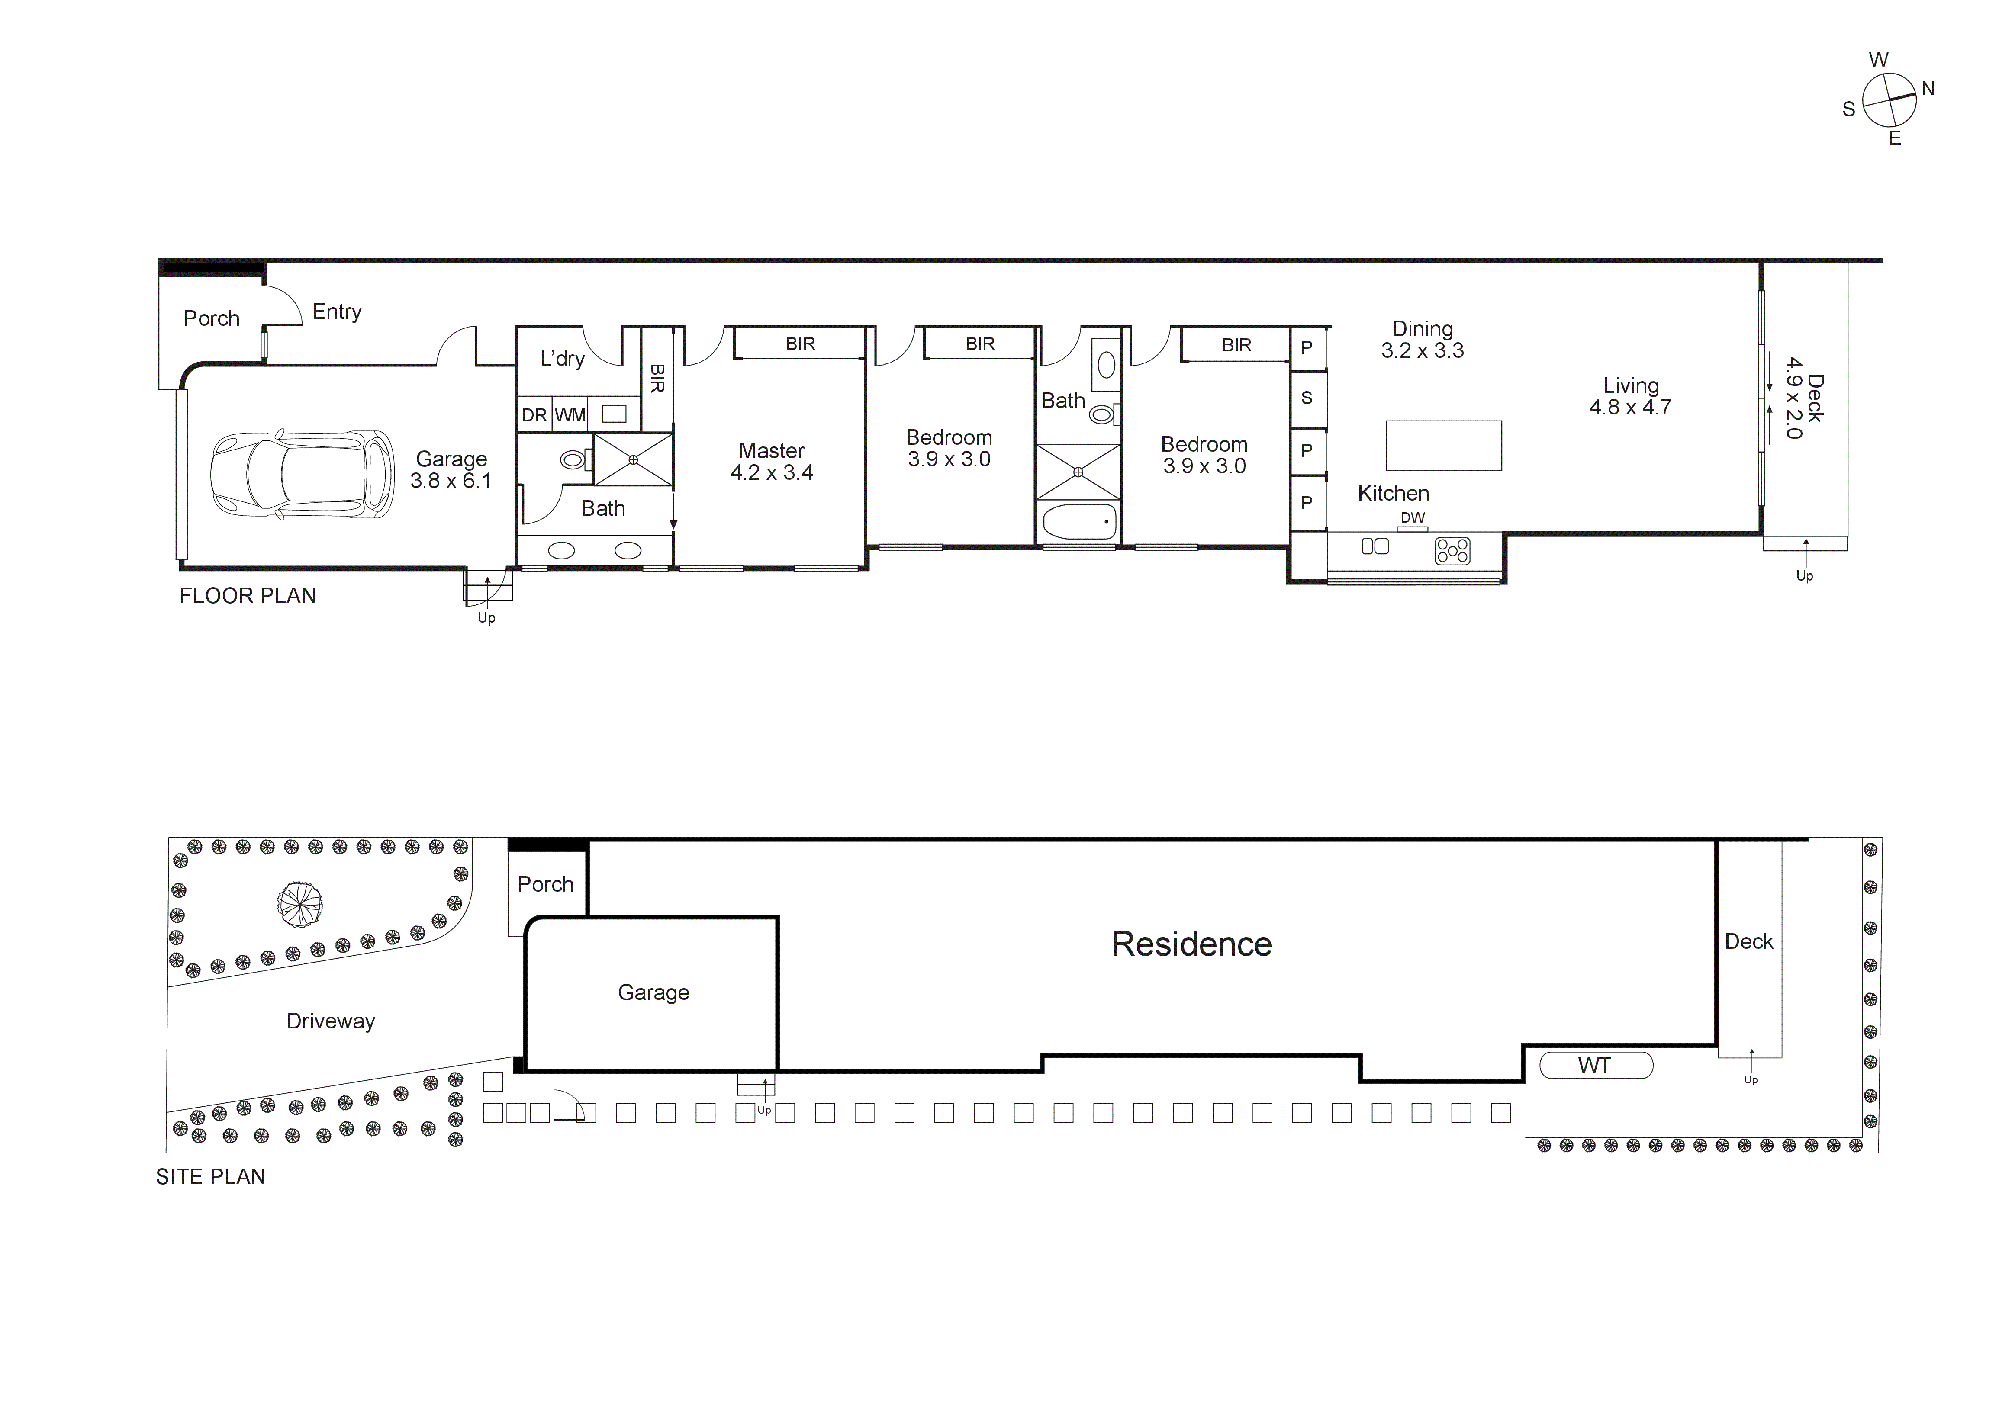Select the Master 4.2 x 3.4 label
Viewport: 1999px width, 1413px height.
(x=771, y=462)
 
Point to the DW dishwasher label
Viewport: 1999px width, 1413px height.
(x=1412, y=517)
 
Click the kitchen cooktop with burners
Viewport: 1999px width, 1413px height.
(x=1452, y=550)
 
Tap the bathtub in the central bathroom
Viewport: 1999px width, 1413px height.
(x=1079, y=521)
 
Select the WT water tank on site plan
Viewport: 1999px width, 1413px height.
(x=1595, y=1066)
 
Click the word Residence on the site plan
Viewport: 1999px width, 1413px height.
(x=1191, y=944)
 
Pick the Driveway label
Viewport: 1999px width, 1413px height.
(x=331, y=1021)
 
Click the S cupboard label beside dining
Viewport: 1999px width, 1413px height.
(x=1306, y=398)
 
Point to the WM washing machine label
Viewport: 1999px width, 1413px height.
(x=570, y=415)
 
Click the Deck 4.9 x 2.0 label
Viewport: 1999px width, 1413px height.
(x=1804, y=398)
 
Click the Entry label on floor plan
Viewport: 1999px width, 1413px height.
(x=337, y=312)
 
